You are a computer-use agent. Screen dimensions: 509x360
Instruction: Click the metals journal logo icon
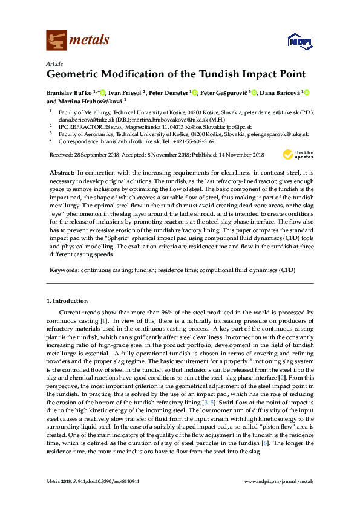[x=56, y=41]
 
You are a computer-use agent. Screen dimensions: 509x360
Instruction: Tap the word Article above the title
[x=54, y=64]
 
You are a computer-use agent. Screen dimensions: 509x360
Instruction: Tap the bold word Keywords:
[x=65, y=270]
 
